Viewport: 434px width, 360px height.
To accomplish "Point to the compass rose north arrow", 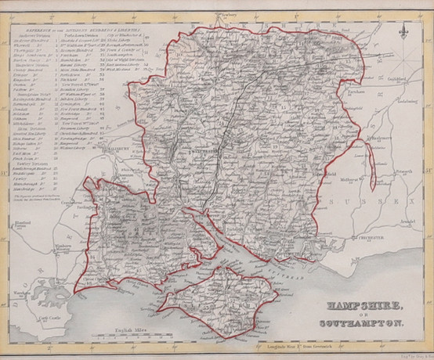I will (x=403, y=31).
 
